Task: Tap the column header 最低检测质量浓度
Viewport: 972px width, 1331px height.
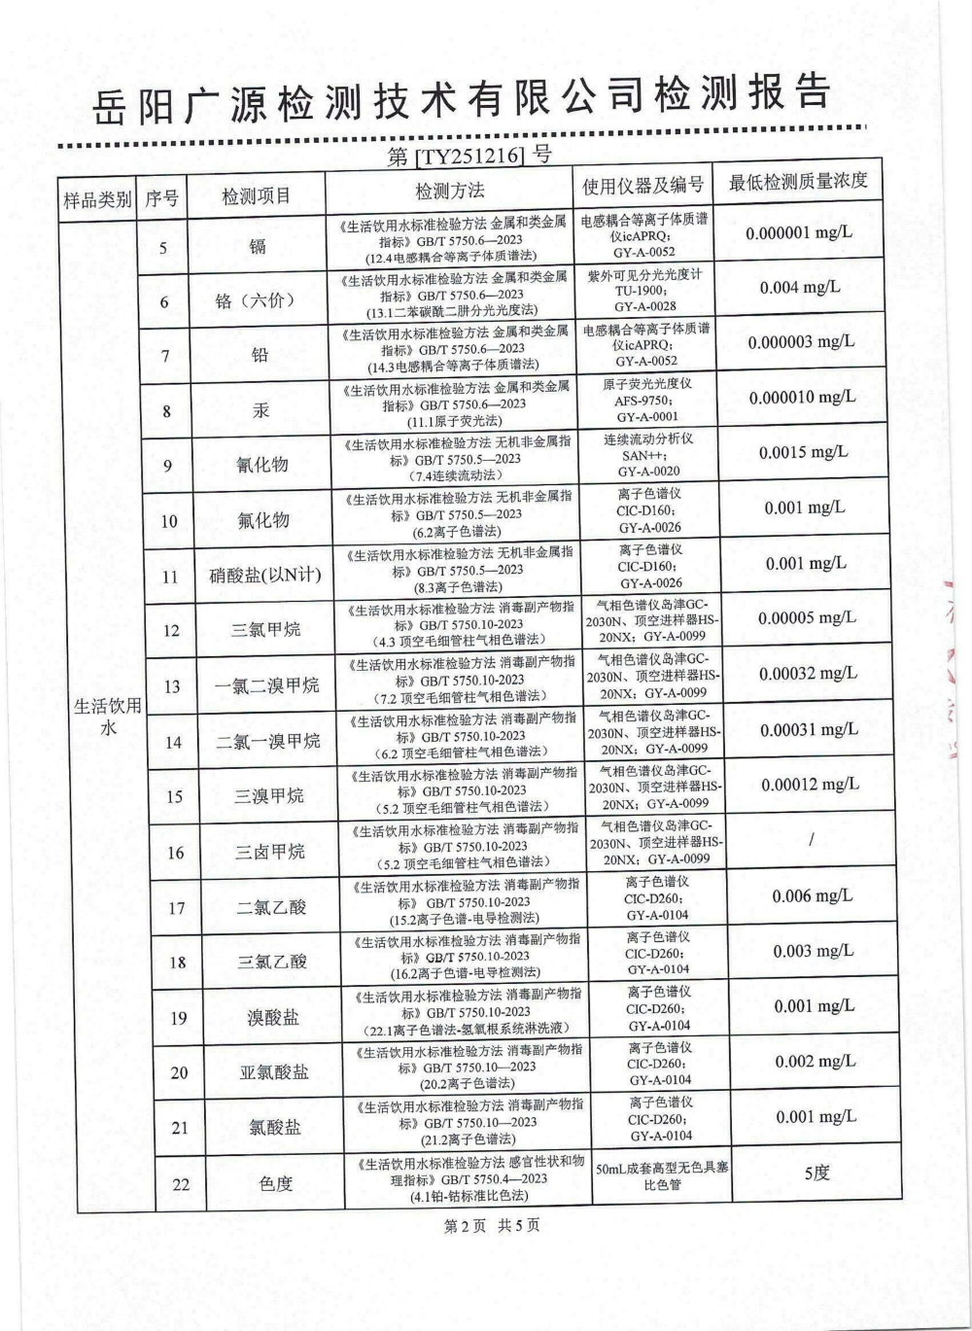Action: click(798, 182)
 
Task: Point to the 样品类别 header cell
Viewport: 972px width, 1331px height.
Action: click(97, 199)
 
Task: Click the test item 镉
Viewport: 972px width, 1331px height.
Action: click(258, 246)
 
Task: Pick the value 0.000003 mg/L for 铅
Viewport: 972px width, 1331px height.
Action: click(801, 342)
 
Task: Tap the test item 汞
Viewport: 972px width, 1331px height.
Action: click(260, 410)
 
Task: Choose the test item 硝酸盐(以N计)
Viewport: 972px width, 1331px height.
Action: click(264, 576)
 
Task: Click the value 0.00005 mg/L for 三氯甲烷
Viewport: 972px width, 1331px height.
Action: click(807, 618)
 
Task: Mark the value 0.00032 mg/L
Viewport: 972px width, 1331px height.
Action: click(808, 674)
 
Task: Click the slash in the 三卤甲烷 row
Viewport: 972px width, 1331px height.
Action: click(811, 840)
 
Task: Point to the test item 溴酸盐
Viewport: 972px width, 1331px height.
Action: click(273, 1018)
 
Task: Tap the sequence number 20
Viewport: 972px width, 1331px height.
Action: click(179, 1073)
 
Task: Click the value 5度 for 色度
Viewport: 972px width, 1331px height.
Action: click(817, 1173)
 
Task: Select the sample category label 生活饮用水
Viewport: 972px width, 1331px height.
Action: click(108, 717)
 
